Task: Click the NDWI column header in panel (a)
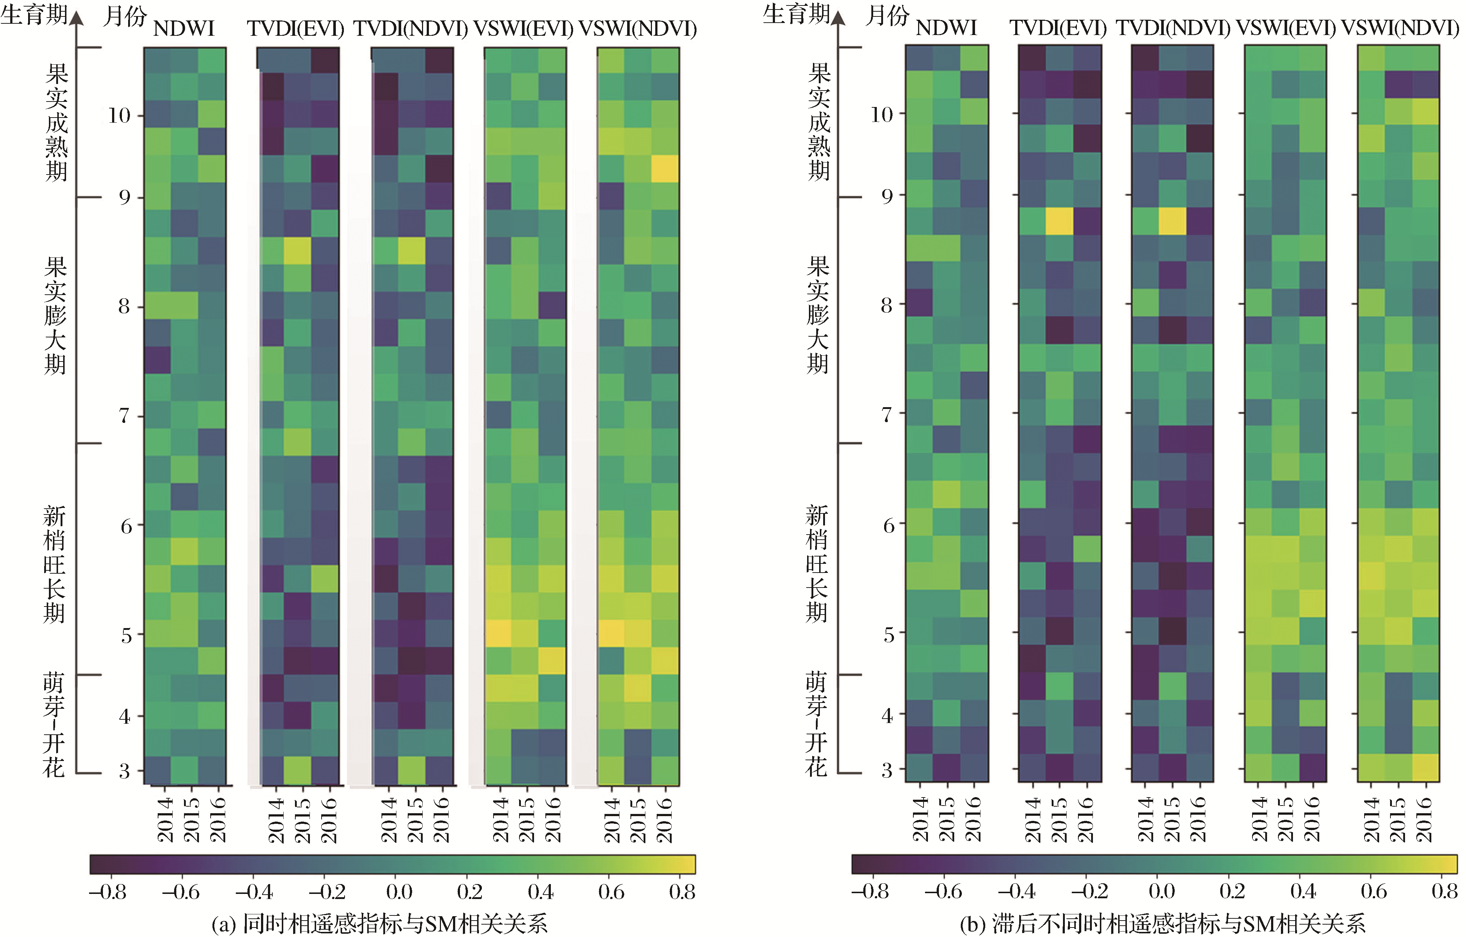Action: (x=184, y=28)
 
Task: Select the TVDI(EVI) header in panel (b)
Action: (x=1058, y=28)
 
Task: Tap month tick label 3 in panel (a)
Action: (x=124, y=771)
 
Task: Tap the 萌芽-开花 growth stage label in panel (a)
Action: (x=54, y=724)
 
